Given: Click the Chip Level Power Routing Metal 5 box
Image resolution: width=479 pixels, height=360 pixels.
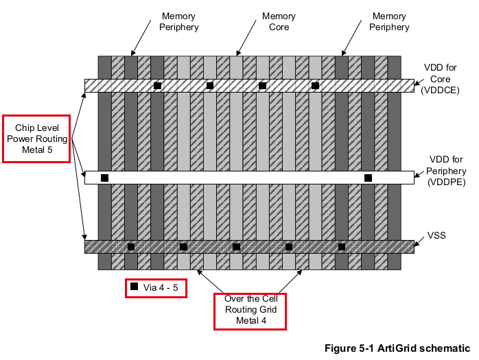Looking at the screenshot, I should pyautogui.click(x=37, y=139).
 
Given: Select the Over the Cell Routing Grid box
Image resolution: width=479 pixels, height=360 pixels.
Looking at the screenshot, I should pyautogui.click(x=250, y=311).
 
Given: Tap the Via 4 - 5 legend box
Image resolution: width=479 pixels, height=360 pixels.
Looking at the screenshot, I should pyautogui.click(x=156, y=288).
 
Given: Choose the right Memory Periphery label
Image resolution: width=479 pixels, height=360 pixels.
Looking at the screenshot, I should pyautogui.click(x=389, y=21).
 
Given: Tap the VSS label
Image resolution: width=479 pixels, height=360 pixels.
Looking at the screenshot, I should pyautogui.click(x=436, y=235).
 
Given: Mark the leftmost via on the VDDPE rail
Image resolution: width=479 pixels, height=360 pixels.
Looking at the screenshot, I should pyautogui.click(x=105, y=178).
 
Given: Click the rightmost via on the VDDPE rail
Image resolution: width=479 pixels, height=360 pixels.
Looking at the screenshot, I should pyautogui.click(x=368, y=178).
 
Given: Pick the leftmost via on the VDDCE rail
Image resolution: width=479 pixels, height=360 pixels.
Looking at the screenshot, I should pyautogui.click(x=157, y=86).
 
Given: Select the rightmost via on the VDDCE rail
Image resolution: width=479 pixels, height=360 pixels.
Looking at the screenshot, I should pyautogui.click(x=315, y=86).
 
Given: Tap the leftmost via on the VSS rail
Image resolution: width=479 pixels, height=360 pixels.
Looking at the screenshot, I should pyautogui.click(x=131, y=247).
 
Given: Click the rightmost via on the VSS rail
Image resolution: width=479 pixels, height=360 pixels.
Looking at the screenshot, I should pyautogui.click(x=341, y=247).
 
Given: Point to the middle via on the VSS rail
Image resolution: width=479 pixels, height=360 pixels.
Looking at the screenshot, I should pyautogui.click(x=236, y=247).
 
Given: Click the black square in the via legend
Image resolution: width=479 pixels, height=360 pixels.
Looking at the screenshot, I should pyautogui.click(x=135, y=287).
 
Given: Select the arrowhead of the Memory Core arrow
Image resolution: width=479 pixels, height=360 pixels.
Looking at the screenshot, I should pyautogui.click(x=237, y=53).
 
